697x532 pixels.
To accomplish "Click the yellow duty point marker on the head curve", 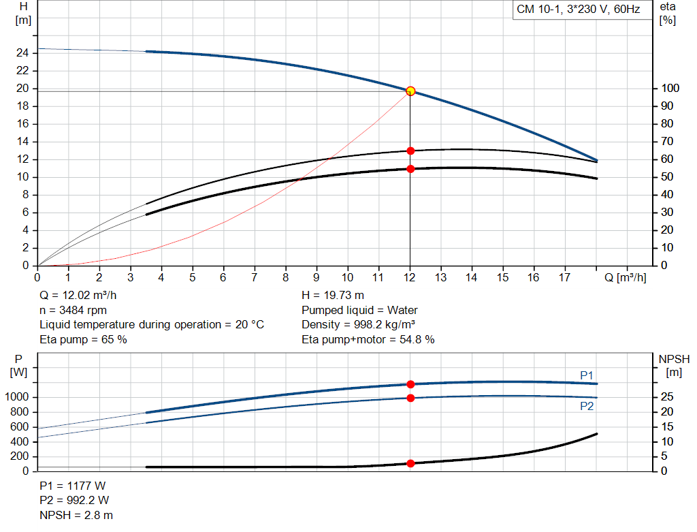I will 410,91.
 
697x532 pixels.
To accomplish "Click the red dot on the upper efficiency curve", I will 410,151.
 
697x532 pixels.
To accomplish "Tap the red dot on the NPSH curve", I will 410,463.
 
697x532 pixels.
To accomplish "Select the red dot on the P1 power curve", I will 410,384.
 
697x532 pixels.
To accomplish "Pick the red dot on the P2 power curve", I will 410,398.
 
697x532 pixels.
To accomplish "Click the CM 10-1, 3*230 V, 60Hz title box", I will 578,10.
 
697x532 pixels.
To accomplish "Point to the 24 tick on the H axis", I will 23,53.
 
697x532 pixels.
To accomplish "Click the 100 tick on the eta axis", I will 669,89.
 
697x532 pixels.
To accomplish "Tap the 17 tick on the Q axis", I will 564,277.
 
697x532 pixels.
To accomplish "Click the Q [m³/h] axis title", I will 625,277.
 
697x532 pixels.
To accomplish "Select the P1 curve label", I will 587,375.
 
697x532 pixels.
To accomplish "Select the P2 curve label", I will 587,406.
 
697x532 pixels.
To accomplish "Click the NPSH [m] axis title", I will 674,365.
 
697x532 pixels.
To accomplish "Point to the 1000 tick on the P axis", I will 19,397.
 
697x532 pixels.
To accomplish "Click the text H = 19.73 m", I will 332,296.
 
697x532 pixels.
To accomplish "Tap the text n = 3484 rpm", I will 75,310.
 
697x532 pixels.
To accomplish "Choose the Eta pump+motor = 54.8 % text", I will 368,339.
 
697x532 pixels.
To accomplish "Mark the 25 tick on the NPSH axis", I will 668,397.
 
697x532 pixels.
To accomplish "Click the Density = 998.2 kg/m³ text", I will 359,325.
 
